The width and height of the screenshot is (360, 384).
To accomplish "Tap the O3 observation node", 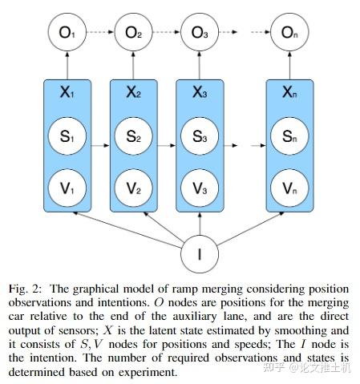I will (x=199, y=34).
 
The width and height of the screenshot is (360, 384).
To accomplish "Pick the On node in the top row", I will (x=289, y=34).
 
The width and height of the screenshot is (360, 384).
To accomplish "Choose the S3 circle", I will (x=199, y=136).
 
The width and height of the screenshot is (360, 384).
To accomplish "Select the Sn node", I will (x=289, y=136).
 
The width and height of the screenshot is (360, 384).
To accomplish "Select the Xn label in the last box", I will (x=289, y=93).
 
